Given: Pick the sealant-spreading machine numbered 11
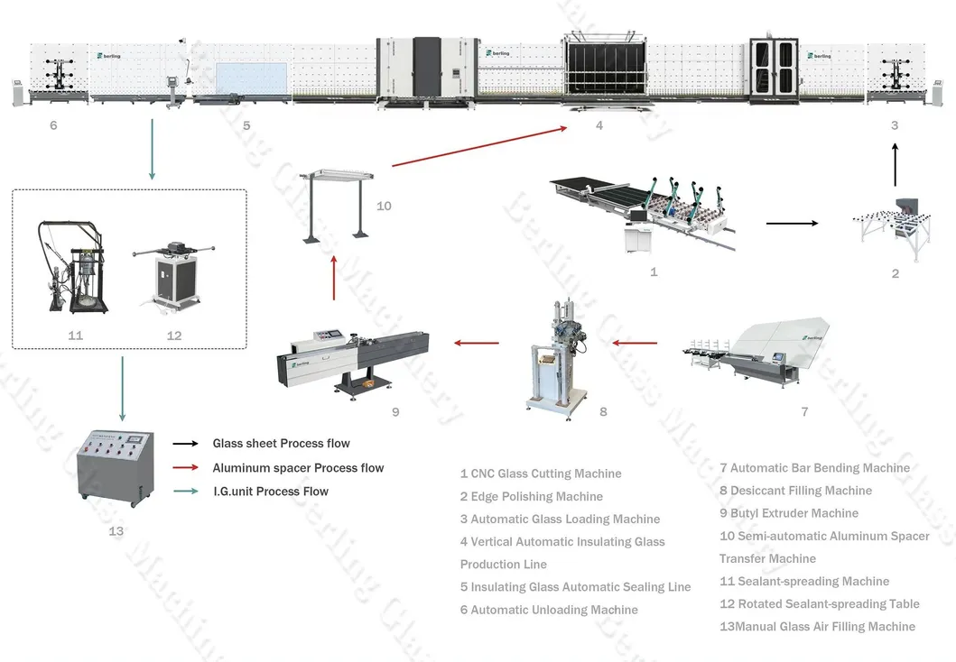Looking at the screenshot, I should coord(75,270).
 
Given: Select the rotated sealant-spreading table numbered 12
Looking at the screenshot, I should coord(173,275).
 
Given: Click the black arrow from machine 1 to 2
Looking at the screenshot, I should coord(792,221).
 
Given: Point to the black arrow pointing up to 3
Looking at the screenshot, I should coord(895,166).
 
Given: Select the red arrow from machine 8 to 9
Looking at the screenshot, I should coord(476,343).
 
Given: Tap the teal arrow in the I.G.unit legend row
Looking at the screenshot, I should coord(185,492).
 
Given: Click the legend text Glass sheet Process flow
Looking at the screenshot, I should coord(281,444).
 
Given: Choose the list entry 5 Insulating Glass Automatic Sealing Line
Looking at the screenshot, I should coord(575,587).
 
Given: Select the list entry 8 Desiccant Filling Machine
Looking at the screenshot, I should coord(795,491).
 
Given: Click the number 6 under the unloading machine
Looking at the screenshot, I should coord(53,125).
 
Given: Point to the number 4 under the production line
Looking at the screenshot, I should coord(599,125).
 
